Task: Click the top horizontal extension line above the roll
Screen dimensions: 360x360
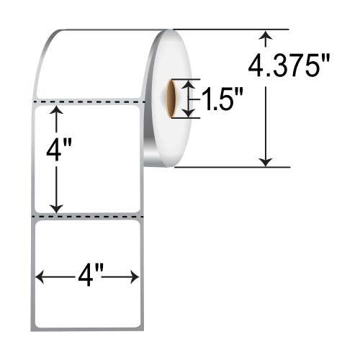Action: click(x=230, y=29)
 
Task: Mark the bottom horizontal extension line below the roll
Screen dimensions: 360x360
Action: click(x=230, y=167)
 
